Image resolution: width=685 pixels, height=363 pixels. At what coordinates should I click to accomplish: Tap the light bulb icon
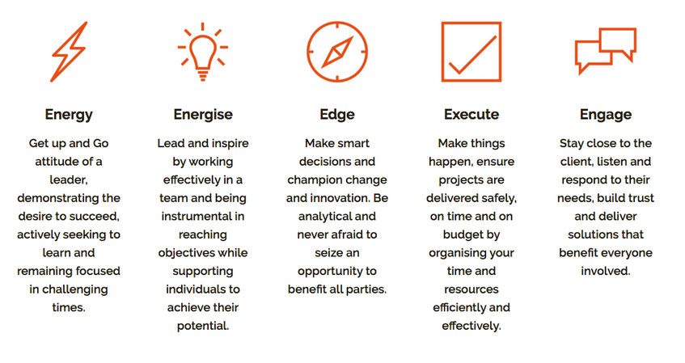point(203,52)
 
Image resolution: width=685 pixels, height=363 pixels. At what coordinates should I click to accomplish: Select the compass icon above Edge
point(337,52)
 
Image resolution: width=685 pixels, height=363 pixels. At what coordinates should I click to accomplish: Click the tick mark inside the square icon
point(472,55)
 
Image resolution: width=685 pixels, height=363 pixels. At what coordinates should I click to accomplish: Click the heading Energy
point(69,115)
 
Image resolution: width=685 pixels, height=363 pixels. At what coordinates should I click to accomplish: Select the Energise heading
point(203,115)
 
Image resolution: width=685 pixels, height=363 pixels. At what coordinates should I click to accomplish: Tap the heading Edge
point(337,115)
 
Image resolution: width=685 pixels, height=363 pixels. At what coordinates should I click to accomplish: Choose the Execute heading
point(471,115)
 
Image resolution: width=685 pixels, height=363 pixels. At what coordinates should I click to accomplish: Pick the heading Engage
point(606,115)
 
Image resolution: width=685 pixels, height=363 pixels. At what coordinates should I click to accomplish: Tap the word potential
point(203,326)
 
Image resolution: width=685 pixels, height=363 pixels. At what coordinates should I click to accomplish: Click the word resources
point(471,289)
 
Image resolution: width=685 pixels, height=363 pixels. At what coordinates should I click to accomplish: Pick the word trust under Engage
point(641,198)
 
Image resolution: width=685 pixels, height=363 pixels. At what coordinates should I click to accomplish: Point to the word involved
point(606,272)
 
